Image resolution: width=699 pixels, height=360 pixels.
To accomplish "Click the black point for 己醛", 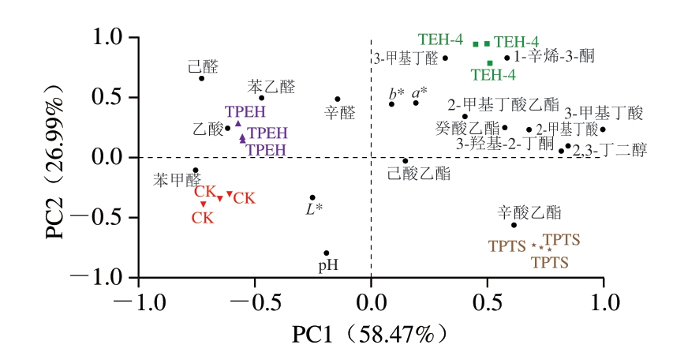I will click(202, 78).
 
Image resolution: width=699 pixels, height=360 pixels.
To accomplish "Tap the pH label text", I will click(328, 266).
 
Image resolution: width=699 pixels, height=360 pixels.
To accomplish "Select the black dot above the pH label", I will click(327, 253).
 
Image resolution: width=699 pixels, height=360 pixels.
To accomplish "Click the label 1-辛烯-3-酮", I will click(554, 57).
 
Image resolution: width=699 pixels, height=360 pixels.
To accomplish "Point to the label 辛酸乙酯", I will click(529, 212).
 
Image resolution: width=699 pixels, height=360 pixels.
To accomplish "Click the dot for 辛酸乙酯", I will click(514, 225).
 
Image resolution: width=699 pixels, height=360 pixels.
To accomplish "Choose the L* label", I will click(314, 209).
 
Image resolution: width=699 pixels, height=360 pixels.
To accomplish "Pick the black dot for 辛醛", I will click(338, 99).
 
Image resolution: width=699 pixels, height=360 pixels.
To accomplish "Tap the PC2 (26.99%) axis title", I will click(76, 157).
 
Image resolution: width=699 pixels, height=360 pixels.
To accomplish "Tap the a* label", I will click(419, 92).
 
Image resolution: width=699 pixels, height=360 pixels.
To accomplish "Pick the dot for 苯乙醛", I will click(262, 98).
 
